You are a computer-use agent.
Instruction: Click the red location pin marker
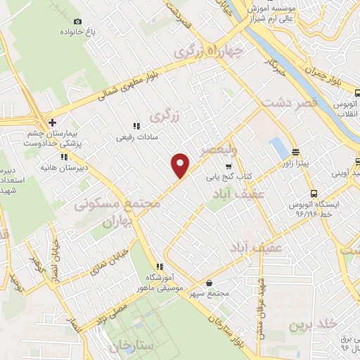pos(181,165)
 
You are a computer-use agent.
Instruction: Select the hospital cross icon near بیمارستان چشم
pos(51,122)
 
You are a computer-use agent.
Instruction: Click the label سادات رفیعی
pos(134,137)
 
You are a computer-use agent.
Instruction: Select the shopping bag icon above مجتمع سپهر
pos(208,283)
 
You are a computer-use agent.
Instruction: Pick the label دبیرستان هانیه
pos(89,166)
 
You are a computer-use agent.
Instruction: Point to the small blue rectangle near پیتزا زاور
pos(279,148)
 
